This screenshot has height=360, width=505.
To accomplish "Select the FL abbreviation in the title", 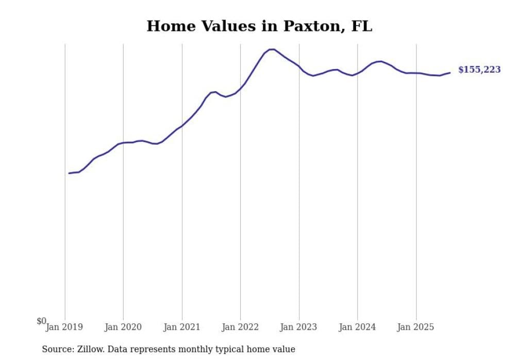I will click(x=361, y=26).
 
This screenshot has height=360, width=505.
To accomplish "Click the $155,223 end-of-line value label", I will click(x=479, y=70).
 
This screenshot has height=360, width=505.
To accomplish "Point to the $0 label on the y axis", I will click(x=41, y=321).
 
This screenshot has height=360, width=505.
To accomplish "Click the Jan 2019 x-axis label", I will click(x=64, y=327).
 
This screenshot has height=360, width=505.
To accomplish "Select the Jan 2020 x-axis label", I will click(x=123, y=327).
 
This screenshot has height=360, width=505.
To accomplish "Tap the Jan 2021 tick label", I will click(x=182, y=327).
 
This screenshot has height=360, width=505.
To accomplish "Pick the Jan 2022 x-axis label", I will click(x=240, y=327).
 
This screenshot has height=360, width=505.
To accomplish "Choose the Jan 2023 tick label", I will click(x=299, y=327).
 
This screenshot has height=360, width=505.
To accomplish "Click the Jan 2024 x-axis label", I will click(x=358, y=327).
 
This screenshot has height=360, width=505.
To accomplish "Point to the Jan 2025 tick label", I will click(x=416, y=327).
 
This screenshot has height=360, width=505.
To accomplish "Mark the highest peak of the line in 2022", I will click(x=272, y=49).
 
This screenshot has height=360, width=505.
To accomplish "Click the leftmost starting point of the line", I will click(x=69, y=173).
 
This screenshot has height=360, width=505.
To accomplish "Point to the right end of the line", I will click(x=450, y=72).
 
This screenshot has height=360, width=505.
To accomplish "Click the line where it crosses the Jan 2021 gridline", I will click(x=182, y=126).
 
